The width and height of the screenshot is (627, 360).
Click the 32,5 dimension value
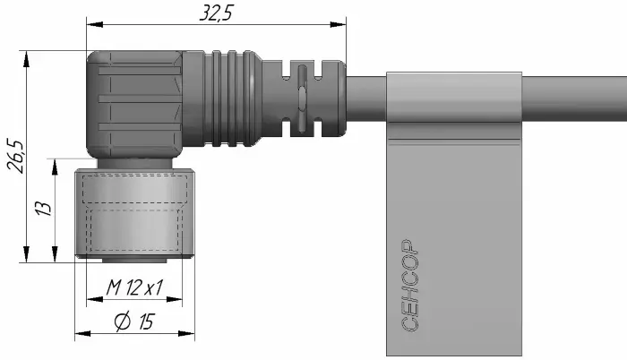(x=216, y=13)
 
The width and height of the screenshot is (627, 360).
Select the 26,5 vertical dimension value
(x=16, y=156)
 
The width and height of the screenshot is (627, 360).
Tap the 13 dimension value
(x=44, y=208)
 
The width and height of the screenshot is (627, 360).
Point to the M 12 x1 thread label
(x=134, y=287)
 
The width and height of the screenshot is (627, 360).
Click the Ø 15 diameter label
(x=134, y=321)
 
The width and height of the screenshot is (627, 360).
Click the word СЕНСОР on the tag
(x=409, y=286)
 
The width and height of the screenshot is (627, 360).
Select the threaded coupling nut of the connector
(x=134, y=213)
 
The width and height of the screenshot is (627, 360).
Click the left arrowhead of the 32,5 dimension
(x=95, y=24)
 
